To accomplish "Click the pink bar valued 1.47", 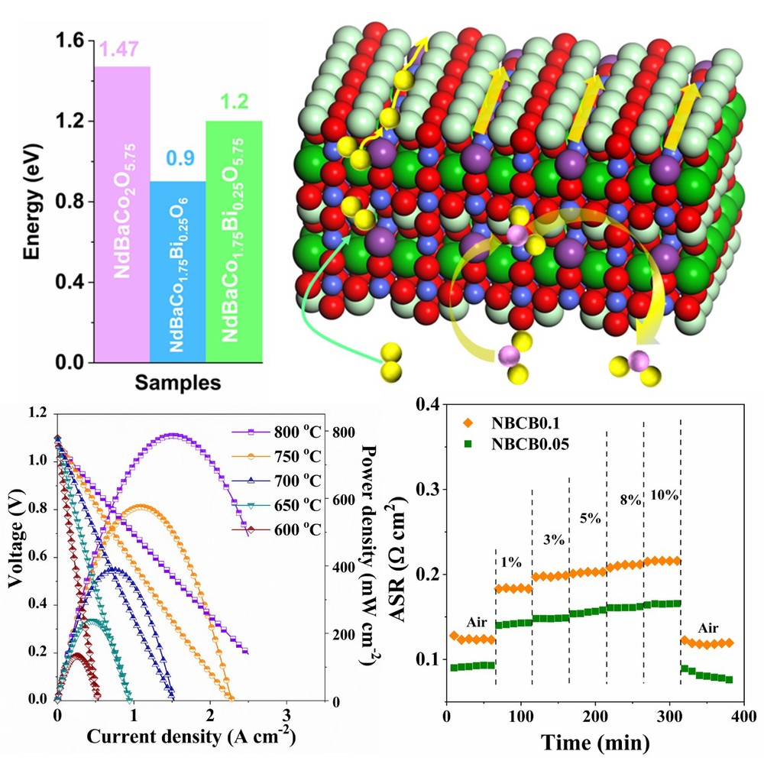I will coord(122,214).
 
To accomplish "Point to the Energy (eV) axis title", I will coord(31,202).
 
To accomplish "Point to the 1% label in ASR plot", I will coord(511,562).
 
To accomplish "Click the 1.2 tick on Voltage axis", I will coord(36,413).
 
